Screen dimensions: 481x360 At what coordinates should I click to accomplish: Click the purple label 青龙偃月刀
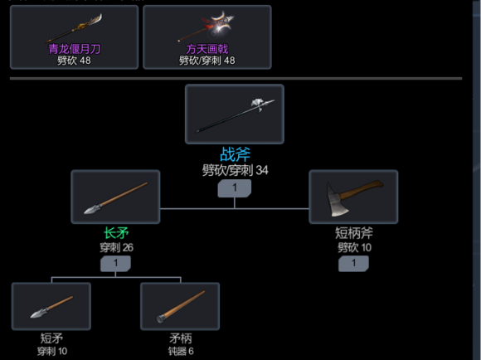pos(75,49)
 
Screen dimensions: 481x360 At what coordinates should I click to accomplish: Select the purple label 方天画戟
pos(207,49)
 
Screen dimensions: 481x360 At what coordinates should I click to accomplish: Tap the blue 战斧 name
pos(235,154)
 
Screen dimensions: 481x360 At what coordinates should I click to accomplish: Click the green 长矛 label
pos(116,233)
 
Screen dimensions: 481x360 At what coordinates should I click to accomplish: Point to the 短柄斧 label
pos(353,233)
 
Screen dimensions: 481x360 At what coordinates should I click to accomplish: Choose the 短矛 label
pos(51,338)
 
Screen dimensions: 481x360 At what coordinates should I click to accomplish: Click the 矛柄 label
pos(181,338)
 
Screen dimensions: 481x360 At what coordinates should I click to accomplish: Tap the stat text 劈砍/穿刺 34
pos(235,170)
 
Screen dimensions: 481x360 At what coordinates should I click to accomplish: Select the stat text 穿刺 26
pos(116,247)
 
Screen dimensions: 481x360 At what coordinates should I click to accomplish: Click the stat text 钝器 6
pos(181,351)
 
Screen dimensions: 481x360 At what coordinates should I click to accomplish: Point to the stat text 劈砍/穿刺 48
pos(207,61)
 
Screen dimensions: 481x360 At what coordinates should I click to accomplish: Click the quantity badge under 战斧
pos(235,187)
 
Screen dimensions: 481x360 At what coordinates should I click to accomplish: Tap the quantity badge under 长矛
pos(115,263)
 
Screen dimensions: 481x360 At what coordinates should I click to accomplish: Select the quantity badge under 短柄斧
pos(353,263)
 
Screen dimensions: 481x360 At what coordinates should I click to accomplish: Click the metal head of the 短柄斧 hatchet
pos(338,201)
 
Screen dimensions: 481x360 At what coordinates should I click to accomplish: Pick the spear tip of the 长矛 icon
pos(92,209)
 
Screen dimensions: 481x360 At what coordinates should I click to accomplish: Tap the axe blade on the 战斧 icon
pos(257,104)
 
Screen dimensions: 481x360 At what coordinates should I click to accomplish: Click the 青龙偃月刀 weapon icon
pos(74,28)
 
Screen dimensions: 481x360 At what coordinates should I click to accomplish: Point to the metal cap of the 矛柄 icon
pos(160,319)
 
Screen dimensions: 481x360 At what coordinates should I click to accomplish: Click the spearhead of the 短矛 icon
pos(39,314)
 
